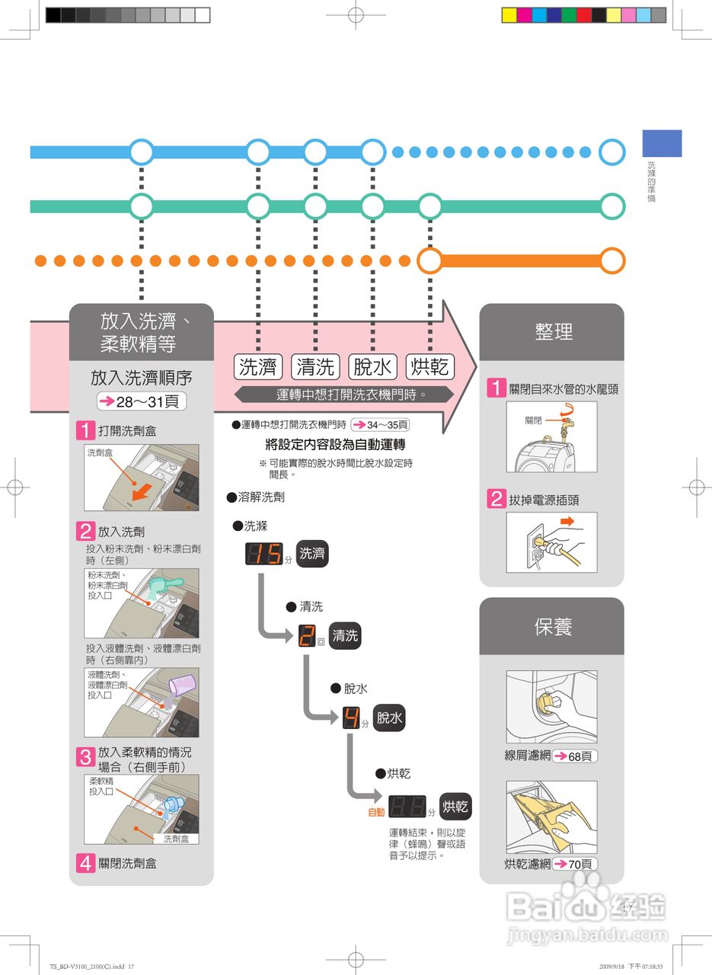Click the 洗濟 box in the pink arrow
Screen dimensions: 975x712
pos(258,367)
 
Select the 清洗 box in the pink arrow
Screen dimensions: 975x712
pos(315,367)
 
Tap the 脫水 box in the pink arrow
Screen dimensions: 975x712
pos(372,367)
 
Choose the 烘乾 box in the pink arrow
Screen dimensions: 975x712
pos(429,367)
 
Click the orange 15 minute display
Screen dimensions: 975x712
pos(263,554)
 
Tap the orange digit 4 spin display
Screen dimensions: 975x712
pos(350,718)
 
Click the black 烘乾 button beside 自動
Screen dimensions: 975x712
pos(455,807)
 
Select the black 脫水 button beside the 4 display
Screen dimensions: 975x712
pos(389,718)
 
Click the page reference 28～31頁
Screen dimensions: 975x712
pos(142,401)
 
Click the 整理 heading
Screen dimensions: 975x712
pos(554,332)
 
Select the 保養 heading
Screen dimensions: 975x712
pos(554,627)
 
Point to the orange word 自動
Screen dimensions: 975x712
pos(376,812)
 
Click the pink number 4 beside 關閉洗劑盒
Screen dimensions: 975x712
pos(85,863)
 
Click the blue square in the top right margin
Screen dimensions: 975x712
pos(662,143)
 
